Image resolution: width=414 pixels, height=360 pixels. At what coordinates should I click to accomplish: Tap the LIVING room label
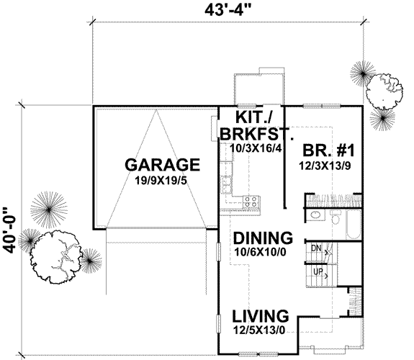pyautogui.click(x=261, y=316)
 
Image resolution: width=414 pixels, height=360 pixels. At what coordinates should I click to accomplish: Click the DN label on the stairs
pyautogui.click(x=316, y=248)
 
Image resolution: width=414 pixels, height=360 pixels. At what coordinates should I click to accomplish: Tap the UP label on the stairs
pyautogui.click(x=316, y=271)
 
